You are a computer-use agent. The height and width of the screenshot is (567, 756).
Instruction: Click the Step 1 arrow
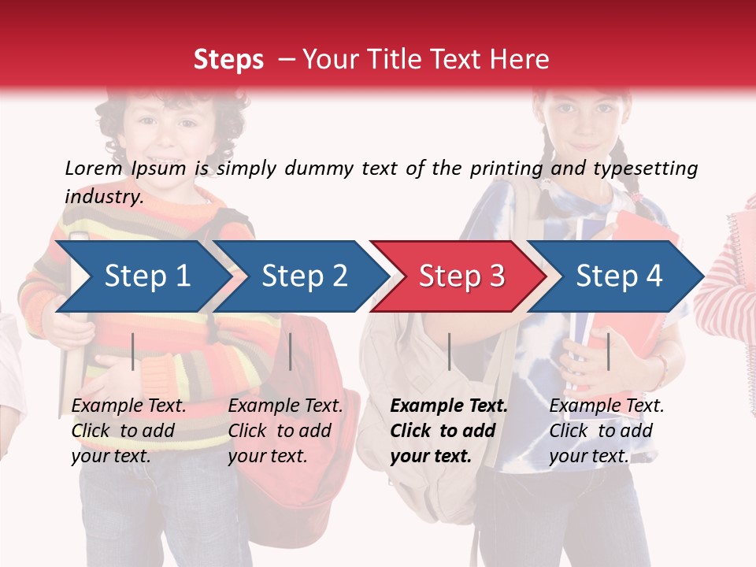coord(142,276)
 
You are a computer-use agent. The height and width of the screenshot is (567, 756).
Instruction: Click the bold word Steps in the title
coord(228,60)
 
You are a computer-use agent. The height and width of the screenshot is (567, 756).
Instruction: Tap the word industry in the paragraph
coord(103,196)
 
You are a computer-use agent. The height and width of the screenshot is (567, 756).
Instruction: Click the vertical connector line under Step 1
coord(133,351)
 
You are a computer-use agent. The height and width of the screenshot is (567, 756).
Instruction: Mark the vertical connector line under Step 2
coord(291,351)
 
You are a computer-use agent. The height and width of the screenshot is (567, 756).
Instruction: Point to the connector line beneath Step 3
coord(449,351)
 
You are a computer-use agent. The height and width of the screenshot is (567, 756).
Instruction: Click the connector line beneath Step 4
coord(608,351)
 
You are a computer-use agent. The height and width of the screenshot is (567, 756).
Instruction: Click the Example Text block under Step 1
coord(128,431)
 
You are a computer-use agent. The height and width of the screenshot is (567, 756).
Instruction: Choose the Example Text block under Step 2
coord(285,431)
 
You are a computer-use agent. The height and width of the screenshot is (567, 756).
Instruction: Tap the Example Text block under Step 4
coord(606,431)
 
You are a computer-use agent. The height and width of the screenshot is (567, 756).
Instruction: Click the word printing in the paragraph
coord(501,169)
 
